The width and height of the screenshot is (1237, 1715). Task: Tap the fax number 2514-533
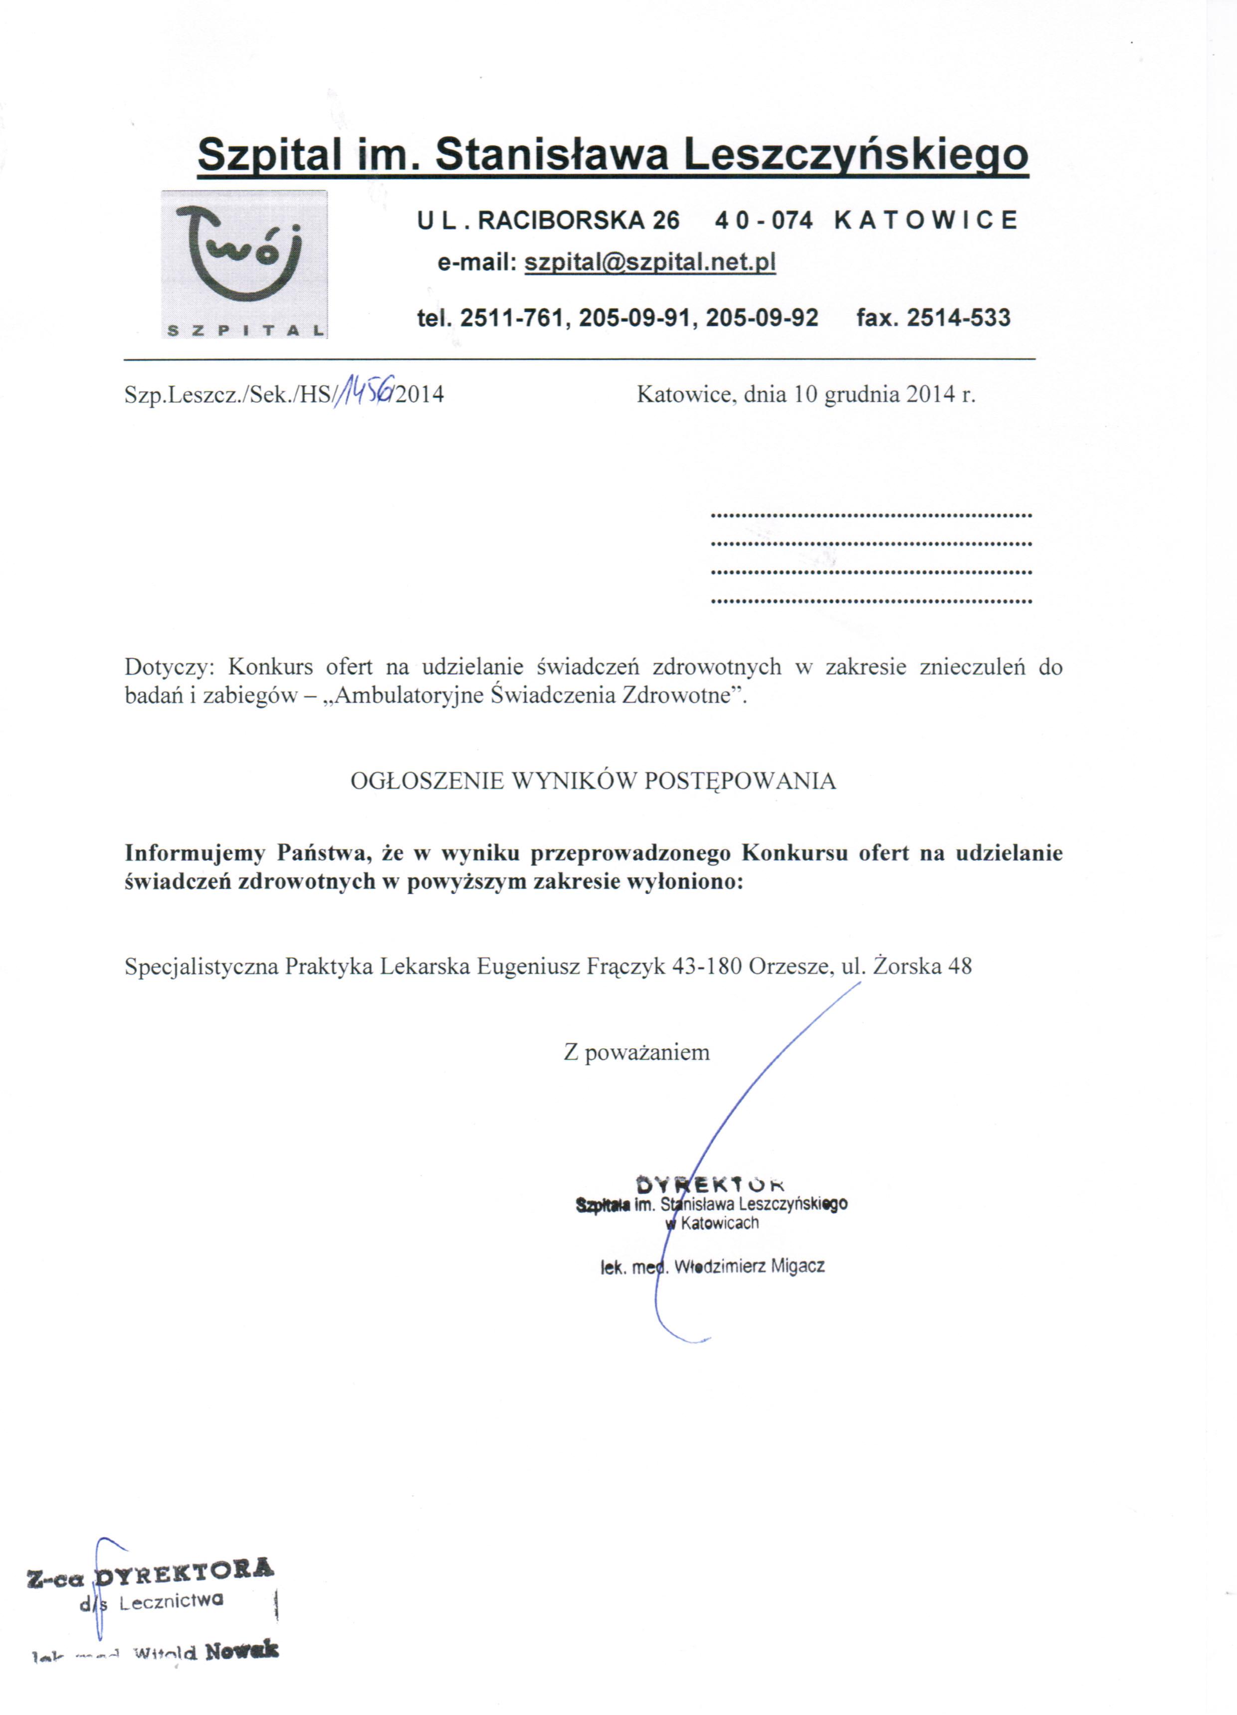958,317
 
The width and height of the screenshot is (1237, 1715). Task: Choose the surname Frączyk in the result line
626,967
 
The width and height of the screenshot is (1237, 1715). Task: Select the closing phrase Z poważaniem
636,1052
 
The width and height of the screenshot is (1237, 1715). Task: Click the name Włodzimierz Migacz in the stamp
749,1266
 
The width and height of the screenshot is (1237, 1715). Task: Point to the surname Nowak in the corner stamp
241,1649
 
